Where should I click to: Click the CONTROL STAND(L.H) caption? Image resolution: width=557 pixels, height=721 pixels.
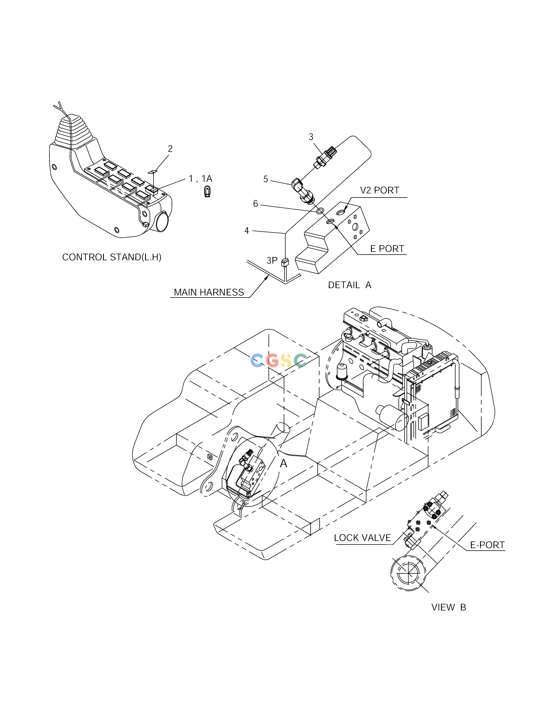click(112, 257)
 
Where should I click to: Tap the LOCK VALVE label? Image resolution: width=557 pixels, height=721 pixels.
click(362, 538)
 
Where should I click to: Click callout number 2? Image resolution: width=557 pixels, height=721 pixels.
click(170, 149)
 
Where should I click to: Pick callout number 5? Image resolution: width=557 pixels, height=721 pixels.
click(266, 179)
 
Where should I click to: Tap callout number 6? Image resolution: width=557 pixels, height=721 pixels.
click(255, 204)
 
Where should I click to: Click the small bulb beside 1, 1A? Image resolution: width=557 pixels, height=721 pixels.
click(207, 192)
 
